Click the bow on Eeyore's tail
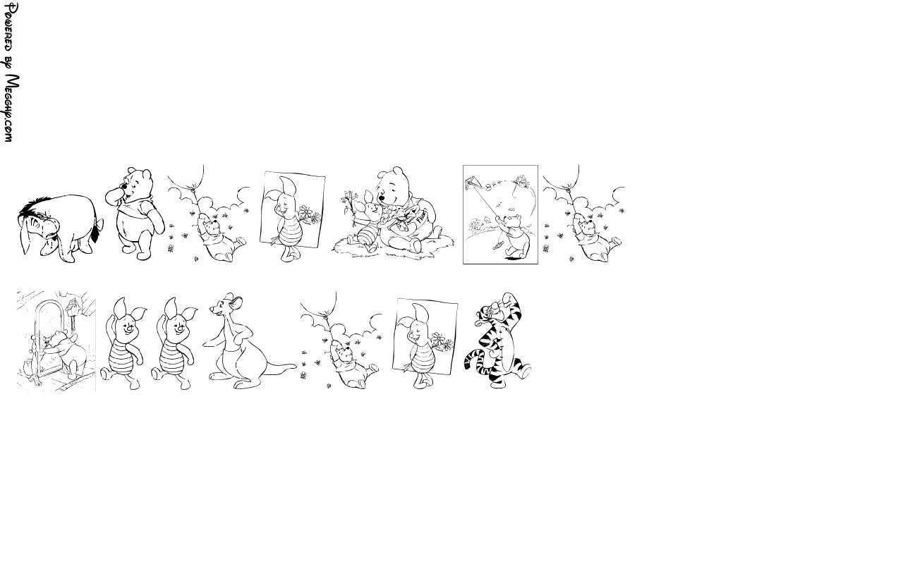point(98,226)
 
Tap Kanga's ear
point(238,302)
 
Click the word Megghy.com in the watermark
point(11,109)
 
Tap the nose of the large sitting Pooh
point(382,198)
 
